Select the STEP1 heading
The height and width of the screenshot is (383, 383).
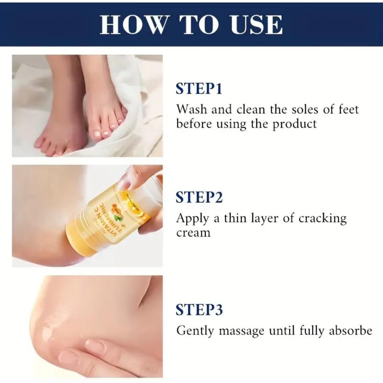coord(199,89)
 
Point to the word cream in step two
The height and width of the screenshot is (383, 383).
coord(193,233)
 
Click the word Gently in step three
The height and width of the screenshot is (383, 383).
coord(195,331)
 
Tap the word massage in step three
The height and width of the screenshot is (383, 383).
coord(242,331)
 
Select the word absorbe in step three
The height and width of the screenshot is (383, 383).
coord(351,331)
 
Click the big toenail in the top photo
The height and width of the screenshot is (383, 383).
coord(97,134)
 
